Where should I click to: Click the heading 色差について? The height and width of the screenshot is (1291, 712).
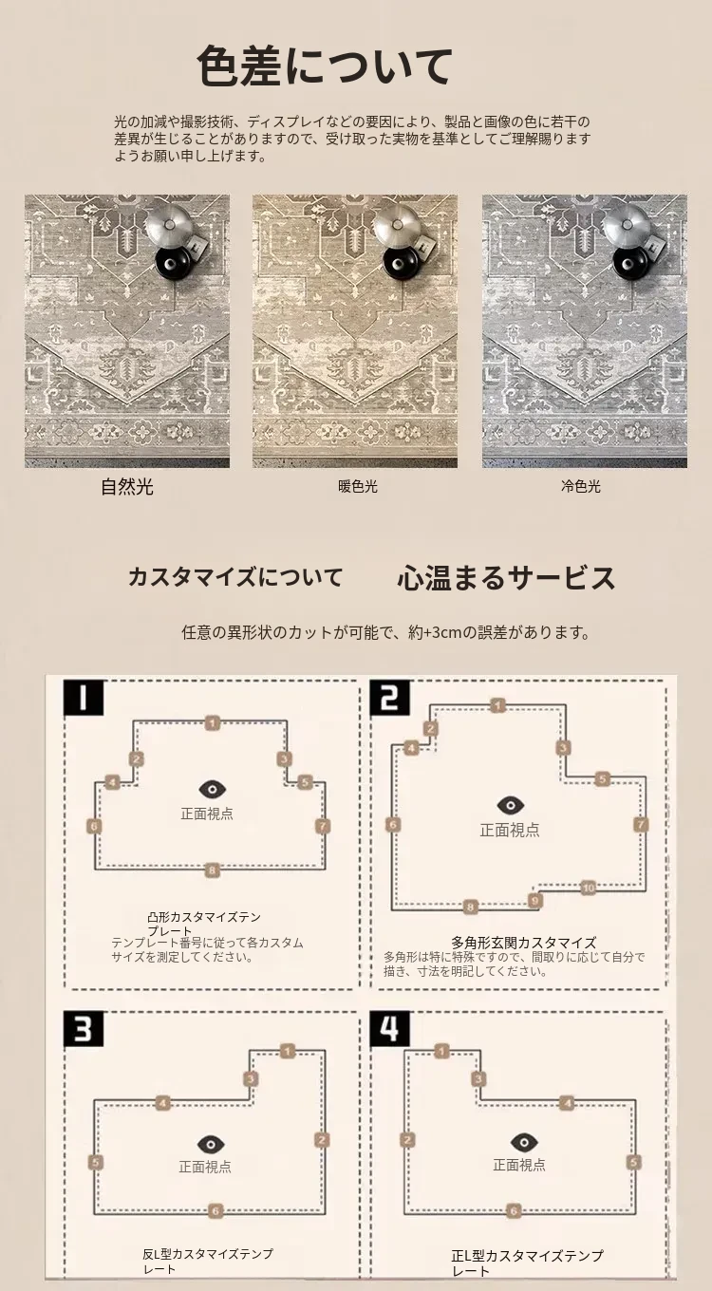click(x=324, y=66)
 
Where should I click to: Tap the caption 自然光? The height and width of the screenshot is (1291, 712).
click(x=127, y=487)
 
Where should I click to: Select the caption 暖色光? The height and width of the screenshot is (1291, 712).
click(x=358, y=487)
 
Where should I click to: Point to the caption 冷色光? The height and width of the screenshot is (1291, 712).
click(x=581, y=486)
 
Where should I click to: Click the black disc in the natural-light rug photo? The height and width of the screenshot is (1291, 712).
click(x=172, y=263)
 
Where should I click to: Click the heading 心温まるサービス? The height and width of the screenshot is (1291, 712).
click(x=507, y=577)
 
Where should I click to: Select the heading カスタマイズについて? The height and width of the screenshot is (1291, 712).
click(x=235, y=577)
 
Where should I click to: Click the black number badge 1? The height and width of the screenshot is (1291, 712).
click(x=83, y=698)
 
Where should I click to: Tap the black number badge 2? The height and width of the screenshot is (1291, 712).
click(x=390, y=698)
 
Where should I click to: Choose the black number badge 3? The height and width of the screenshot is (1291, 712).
click(x=83, y=1028)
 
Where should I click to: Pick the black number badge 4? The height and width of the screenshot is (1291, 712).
click(x=390, y=1028)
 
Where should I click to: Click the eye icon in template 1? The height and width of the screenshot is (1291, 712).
click(x=212, y=789)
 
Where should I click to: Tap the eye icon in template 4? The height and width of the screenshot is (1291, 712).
click(x=524, y=1142)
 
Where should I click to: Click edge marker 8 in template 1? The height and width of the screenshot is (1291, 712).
click(x=212, y=870)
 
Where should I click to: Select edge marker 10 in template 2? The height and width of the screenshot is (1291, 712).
click(x=588, y=888)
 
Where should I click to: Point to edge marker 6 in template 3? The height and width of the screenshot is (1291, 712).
click(x=215, y=1210)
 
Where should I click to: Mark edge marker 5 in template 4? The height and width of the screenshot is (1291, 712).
click(x=633, y=1162)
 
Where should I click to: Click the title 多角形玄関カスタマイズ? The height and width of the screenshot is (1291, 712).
click(x=523, y=943)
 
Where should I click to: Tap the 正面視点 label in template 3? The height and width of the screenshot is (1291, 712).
click(x=205, y=1167)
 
